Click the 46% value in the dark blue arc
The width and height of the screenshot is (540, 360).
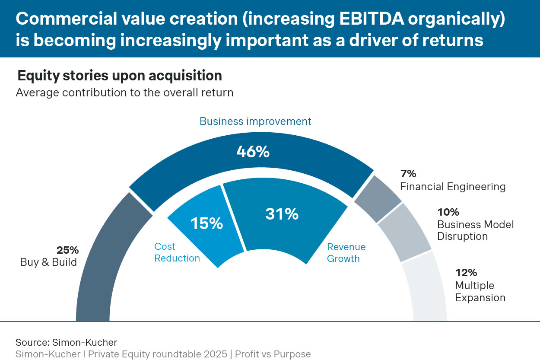tap(253, 152)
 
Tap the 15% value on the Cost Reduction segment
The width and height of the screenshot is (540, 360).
tap(206, 223)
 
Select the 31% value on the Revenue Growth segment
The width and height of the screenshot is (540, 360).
tap(282, 214)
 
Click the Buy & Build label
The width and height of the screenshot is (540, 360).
tap(48, 262)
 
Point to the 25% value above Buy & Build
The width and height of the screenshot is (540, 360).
tap(67, 250)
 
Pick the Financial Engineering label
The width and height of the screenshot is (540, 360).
tap(453, 187)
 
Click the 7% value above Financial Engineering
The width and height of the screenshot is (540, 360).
tap(408, 174)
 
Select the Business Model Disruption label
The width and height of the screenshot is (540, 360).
tap(475, 230)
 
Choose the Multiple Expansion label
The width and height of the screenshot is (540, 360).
tap(480, 292)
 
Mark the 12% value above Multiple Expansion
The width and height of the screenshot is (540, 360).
tap(466, 273)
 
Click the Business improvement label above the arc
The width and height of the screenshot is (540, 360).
tap(255, 121)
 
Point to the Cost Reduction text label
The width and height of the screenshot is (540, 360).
tap(177, 252)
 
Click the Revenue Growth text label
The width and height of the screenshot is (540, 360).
tap(346, 253)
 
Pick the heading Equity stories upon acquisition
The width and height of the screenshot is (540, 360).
tap(120, 76)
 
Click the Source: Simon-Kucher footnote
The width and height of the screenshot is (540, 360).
tap(66, 342)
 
